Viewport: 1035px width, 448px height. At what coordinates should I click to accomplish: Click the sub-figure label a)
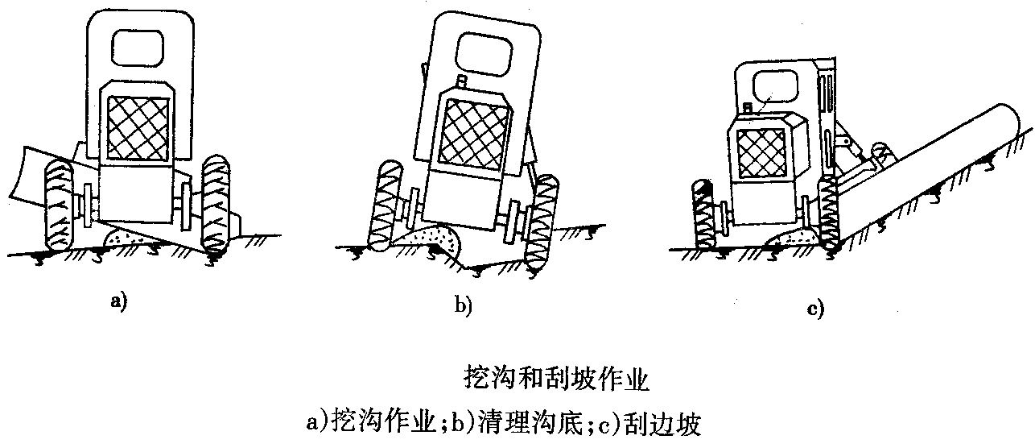tap(118, 303)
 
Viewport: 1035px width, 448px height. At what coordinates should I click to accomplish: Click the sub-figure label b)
tap(464, 305)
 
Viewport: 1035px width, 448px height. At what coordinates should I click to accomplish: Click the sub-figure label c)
tap(816, 309)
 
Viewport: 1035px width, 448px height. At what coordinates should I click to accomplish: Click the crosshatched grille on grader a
tap(139, 127)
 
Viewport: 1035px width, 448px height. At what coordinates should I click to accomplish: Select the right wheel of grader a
tap(217, 204)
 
